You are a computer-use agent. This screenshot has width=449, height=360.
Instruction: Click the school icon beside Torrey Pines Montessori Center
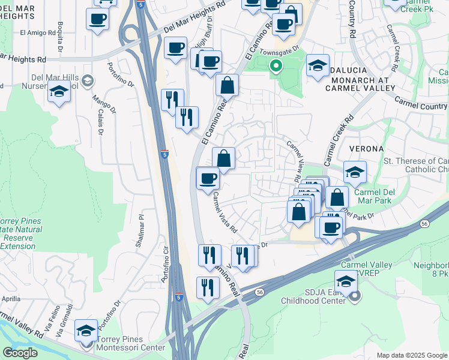(86, 330)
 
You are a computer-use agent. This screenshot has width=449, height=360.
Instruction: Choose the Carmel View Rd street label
(295, 161)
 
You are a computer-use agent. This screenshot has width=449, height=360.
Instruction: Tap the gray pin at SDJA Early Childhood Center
(354, 295)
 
